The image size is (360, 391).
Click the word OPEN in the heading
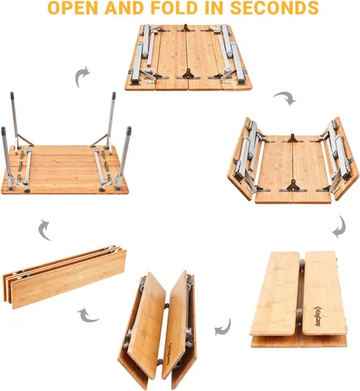(74, 8)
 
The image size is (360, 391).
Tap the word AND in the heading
(125, 8)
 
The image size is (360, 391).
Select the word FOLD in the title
(175, 8)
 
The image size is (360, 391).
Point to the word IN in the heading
(214, 8)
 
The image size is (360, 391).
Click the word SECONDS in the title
(274, 8)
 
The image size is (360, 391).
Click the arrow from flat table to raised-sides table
(286, 98)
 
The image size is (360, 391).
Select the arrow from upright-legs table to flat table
(81, 77)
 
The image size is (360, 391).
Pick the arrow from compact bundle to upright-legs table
(44, 230)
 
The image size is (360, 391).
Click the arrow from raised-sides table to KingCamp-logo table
(340, 227)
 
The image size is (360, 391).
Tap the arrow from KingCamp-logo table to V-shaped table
(222, 328)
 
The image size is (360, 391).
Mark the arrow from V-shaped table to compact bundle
(88, 316)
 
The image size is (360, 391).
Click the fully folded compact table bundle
(64, 277)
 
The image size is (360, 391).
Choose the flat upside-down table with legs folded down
(189, 57)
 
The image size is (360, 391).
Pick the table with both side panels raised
(293, 160)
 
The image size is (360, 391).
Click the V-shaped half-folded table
(157, 329)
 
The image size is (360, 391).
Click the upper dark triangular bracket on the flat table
(185, 28)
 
